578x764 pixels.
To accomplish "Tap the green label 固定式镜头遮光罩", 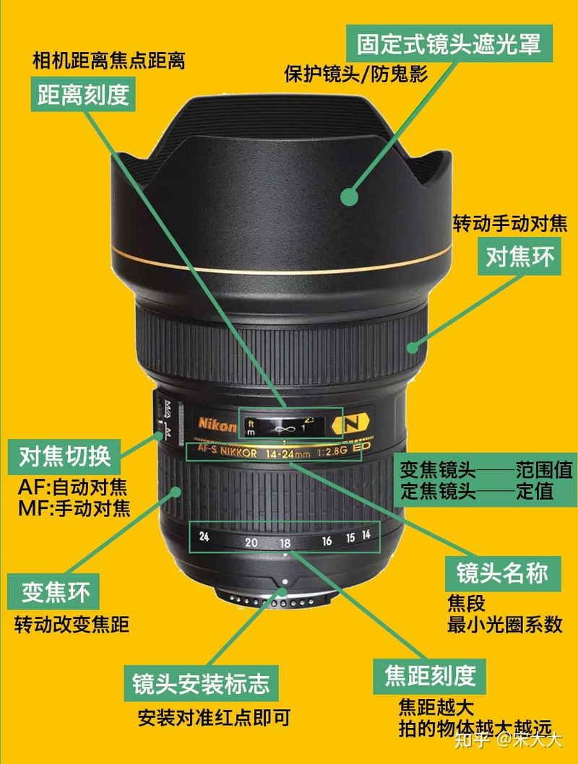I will point(449,44).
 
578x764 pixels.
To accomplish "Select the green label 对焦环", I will point(519,258).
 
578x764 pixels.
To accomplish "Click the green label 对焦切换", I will point(64,456).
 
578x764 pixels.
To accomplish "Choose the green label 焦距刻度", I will point(429,675).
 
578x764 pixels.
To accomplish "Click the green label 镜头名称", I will point(501,573).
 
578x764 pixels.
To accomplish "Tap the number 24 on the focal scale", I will point(204,537).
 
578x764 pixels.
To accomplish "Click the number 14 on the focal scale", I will point(366,535).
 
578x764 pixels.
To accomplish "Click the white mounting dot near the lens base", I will point(285,581).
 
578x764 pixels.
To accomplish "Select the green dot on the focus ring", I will point(413,347).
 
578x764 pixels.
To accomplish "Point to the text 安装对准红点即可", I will point(214,719).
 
